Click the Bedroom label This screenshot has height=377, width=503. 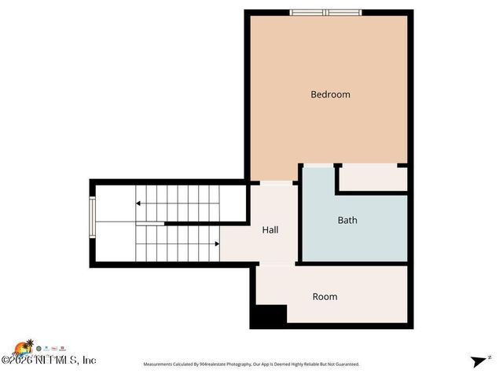(x=330, y=94)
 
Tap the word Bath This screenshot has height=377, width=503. (x=347, y=220)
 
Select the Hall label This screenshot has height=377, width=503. (x=270, y=230)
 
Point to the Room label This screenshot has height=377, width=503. (x=325, y=296)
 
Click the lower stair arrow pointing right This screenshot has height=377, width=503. (x=216, y=243)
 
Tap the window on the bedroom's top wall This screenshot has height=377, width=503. (x=326, y=12)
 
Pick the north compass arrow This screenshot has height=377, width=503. (x=479, y=361)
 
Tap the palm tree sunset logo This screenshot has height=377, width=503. (x=26, y=346)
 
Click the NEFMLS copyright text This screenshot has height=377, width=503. (x=49, y=361)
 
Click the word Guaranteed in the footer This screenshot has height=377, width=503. (x=345, y=364)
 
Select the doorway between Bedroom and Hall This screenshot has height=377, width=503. (x=276, y=183)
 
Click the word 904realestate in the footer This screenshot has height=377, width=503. (x=215, y=364)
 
